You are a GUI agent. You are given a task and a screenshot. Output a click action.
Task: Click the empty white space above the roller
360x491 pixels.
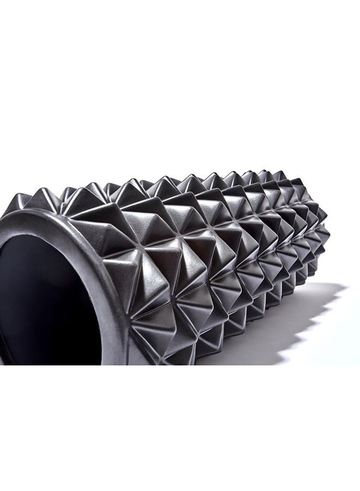[x=180, y=82]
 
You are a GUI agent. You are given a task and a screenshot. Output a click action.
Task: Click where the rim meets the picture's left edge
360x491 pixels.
[x=2, y=218]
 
